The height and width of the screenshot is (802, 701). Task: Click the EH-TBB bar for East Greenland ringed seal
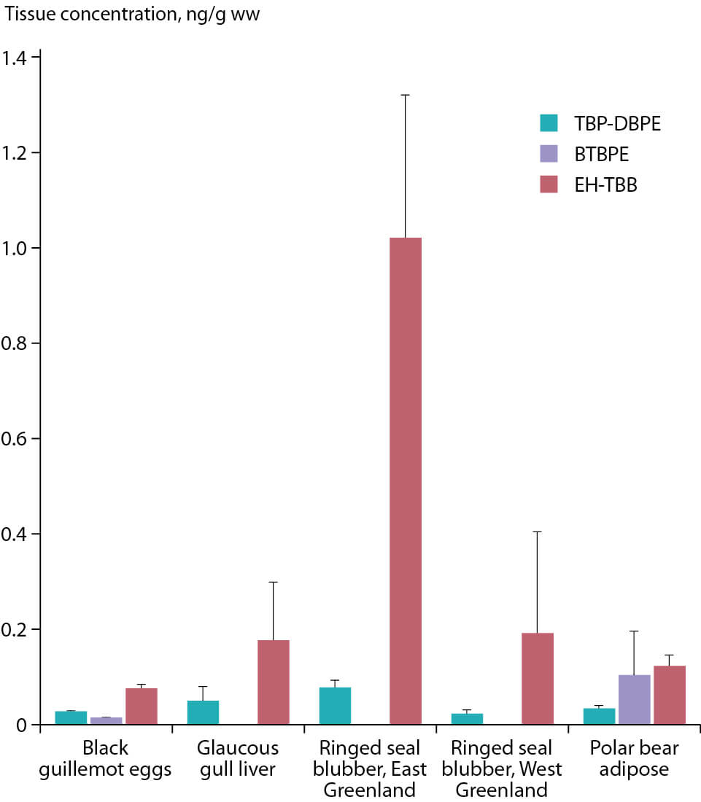coord(405,481)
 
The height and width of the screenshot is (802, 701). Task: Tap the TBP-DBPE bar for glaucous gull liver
coord(203,712)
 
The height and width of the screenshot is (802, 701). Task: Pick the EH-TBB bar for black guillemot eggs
coord(141,706)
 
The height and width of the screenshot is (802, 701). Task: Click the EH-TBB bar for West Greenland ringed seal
coord(538,678)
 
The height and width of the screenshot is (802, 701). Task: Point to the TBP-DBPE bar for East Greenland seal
coord(335,706)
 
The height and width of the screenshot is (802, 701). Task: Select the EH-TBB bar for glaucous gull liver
coord(273,682)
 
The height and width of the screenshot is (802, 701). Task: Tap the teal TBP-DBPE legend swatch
coord(549,123)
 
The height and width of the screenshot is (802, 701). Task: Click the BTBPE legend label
coord(597,154)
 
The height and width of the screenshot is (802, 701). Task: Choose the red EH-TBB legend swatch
coord(549,184)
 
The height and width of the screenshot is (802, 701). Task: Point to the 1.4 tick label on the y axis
coord(17,58)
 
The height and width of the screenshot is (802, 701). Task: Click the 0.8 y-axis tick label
coord(17,343)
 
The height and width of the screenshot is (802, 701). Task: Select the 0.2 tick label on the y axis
coord(17,629)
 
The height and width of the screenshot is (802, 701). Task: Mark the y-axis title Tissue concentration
coord(132,15)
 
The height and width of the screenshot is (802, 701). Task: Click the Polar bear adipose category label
coord(634,759)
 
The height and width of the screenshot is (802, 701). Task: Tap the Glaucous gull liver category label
coord(238,759)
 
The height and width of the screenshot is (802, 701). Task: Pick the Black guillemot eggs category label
coord(106,759)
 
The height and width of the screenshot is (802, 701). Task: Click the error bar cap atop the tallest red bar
coord(405,95)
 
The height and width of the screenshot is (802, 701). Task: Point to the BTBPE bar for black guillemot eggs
coord(106,720)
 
